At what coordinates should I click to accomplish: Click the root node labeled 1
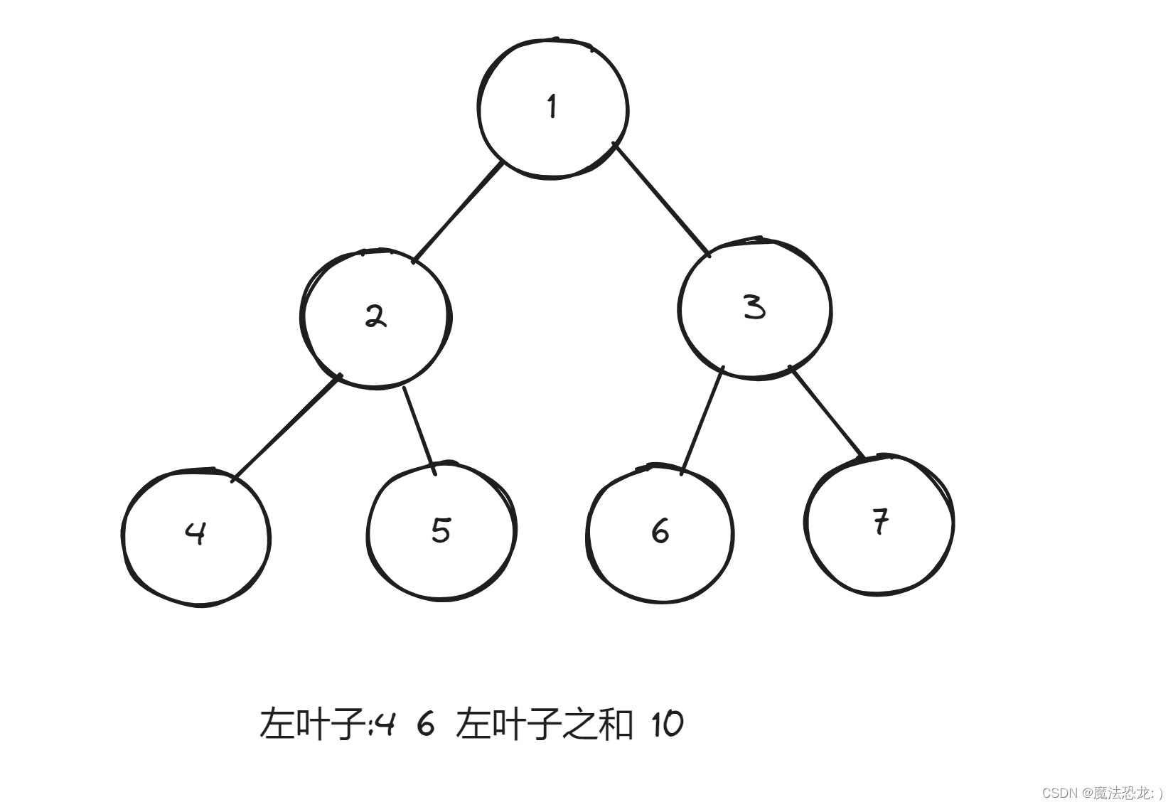(x=553, y=108)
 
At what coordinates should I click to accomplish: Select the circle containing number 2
(x=376, y=317)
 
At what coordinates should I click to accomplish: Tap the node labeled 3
(x=754, y=308)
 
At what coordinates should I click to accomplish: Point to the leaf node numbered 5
(x=441, y=531)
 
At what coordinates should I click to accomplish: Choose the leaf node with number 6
(x=660, y=533)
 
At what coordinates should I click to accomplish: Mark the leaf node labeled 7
(x=880, y=524)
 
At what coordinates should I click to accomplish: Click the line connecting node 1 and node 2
(x=459, y=211)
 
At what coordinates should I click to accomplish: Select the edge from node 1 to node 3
(x=662, y=200)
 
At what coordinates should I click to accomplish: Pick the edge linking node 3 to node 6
(x=702, y=419)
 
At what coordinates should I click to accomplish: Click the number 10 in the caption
(x=666, y=725)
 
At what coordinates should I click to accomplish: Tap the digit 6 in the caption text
(x=425, y=725)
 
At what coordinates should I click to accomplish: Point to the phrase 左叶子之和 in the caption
(x=544, y=725)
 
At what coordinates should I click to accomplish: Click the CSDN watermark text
(x=1059, y=793)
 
